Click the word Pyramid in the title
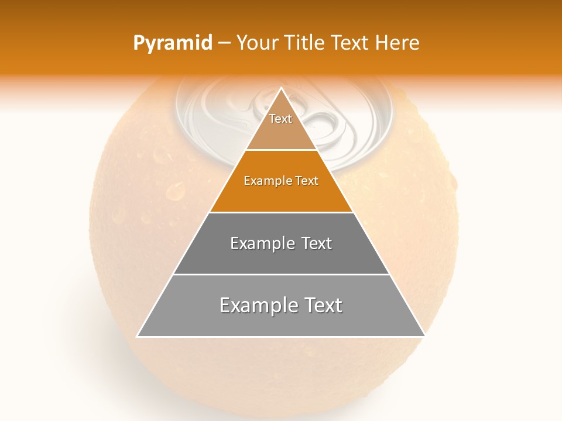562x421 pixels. (x=173, y=43)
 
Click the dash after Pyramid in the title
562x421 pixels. (x=224, y=43)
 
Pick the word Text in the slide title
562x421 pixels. (x=351, y=43)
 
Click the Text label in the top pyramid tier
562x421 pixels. (x=280, y=119)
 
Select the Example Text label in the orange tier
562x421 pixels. (x=281, y=181)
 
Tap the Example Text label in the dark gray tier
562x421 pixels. (x=281, y=243)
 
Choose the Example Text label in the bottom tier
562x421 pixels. (x=281, y=305)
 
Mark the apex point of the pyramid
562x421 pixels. (x=281, y=88)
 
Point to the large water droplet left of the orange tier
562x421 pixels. (x=175, y=190)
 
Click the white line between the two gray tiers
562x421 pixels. (x=281, y=274)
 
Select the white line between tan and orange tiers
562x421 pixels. (x=281, y=150)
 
